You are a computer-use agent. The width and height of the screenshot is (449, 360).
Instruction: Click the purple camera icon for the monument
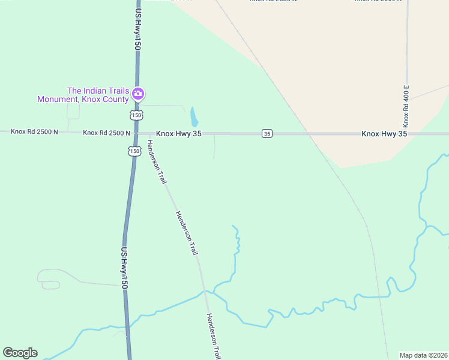coord(138,94)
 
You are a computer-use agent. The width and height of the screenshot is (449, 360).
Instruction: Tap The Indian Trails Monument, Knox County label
coord(83,95)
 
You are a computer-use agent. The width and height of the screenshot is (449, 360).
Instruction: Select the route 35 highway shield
coord(267,133)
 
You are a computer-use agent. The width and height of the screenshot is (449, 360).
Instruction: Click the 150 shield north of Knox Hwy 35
coord(136,115)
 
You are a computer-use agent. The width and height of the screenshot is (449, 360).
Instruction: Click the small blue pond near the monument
coord(193,116)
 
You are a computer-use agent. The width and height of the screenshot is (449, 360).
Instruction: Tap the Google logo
coord(20,353)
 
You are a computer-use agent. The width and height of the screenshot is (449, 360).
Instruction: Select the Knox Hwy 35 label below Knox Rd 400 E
coord(384,134)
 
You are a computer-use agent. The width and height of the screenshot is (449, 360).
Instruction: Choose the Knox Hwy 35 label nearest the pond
coord(179,133)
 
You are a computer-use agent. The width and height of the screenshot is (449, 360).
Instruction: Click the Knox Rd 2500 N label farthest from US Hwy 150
coord(34,131)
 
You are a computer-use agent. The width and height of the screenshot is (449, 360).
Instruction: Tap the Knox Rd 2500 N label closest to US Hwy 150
coord(106,133)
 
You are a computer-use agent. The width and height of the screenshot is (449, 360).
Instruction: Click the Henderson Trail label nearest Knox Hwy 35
coord(155,161)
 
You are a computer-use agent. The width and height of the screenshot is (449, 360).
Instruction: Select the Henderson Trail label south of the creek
coord(214,337)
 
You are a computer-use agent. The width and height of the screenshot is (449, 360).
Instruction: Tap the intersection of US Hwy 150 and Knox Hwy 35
coord(135,133)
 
